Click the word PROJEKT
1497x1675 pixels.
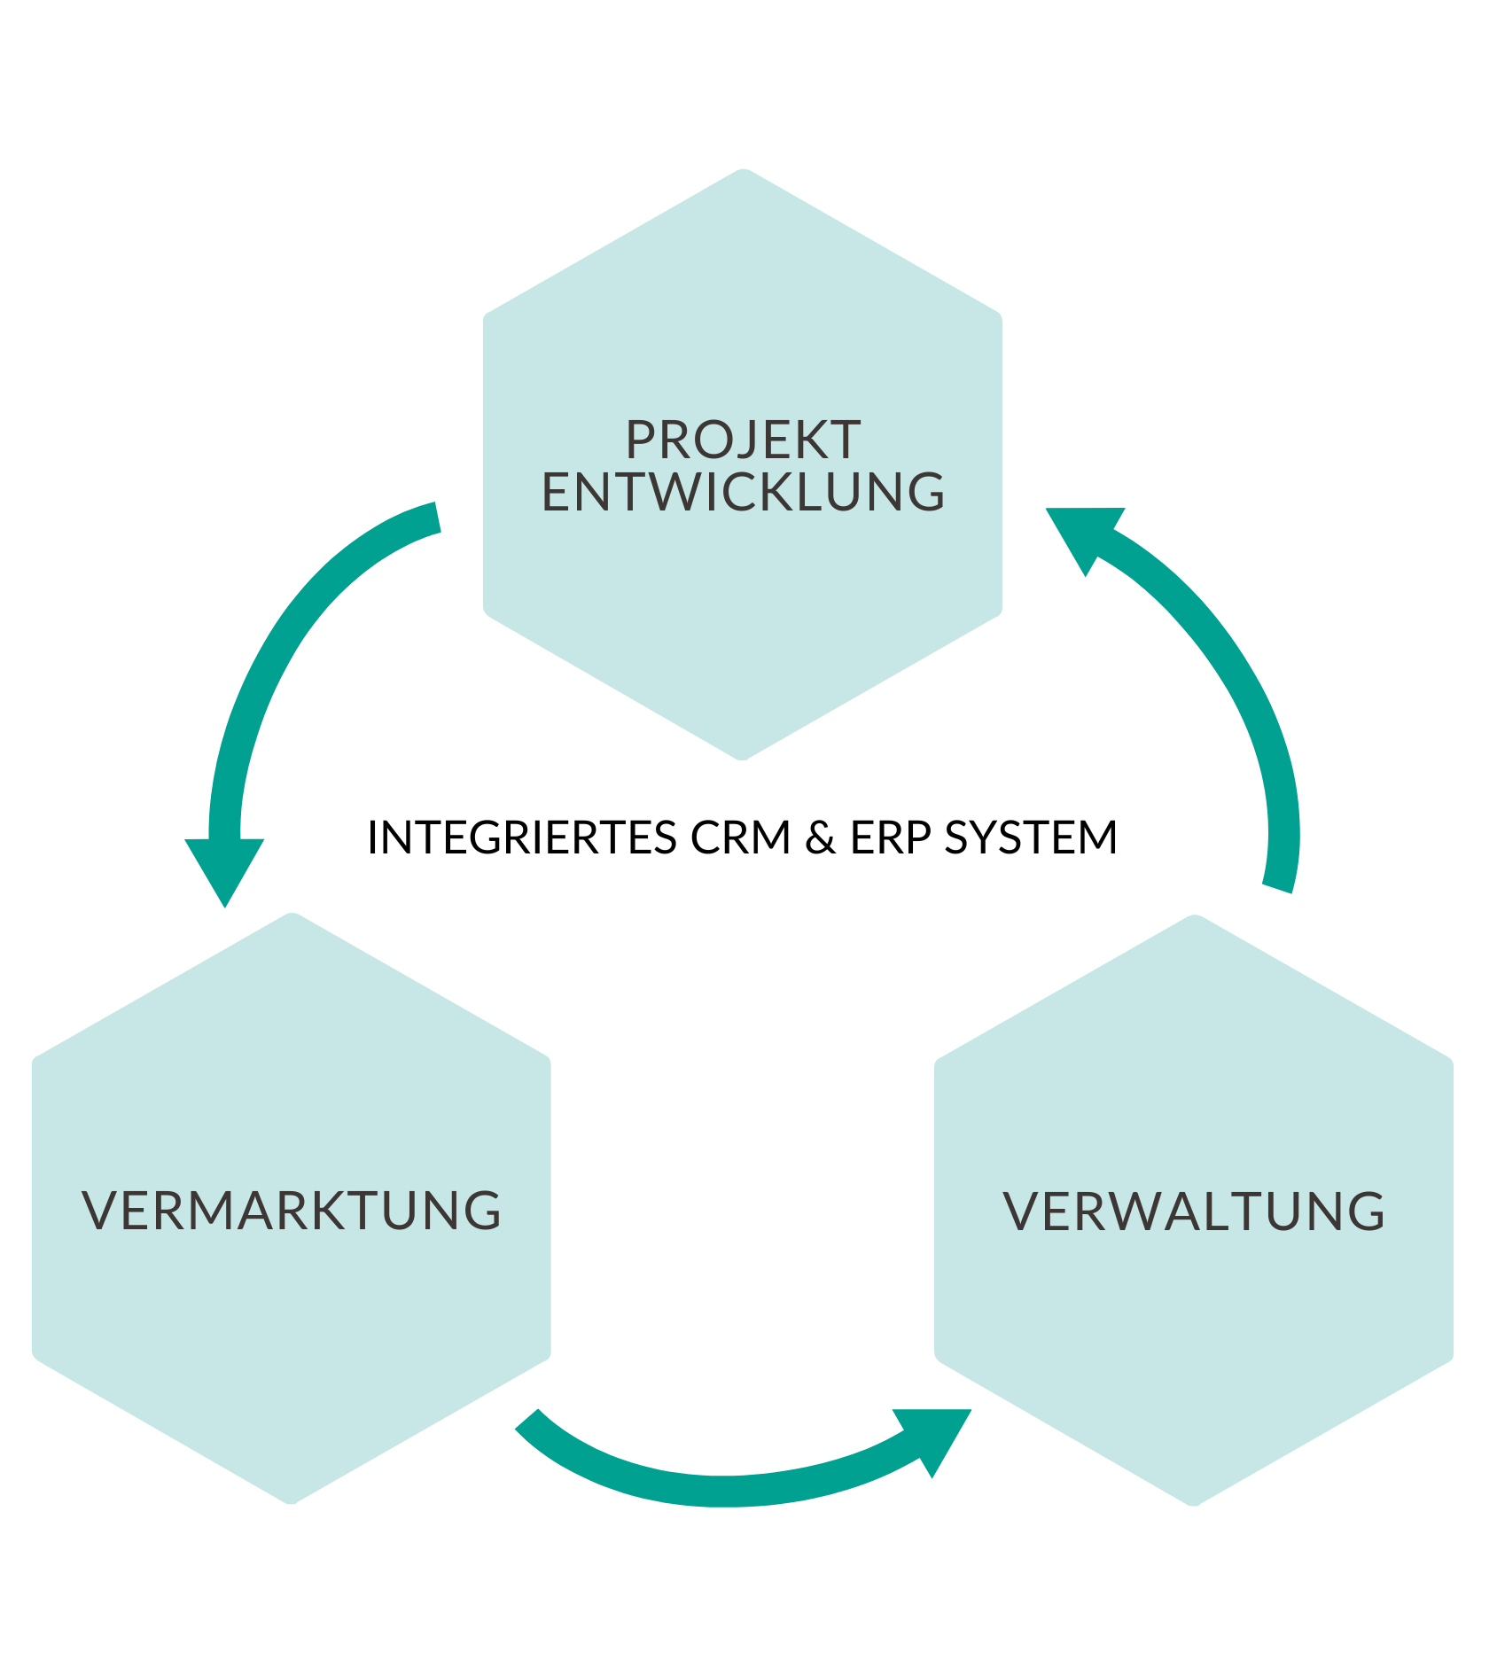[x=743, y=440]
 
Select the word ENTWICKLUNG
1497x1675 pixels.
[x=743, y=493]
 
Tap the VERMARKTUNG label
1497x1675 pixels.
[x=291, y=1211]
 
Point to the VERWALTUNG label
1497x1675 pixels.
[x=1194, y=1211]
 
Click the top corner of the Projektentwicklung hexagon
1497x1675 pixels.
[x=743, y=171]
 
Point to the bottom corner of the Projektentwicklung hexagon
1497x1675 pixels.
[x=743, y=758]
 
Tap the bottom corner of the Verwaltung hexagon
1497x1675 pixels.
[x=1194, y=1503]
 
